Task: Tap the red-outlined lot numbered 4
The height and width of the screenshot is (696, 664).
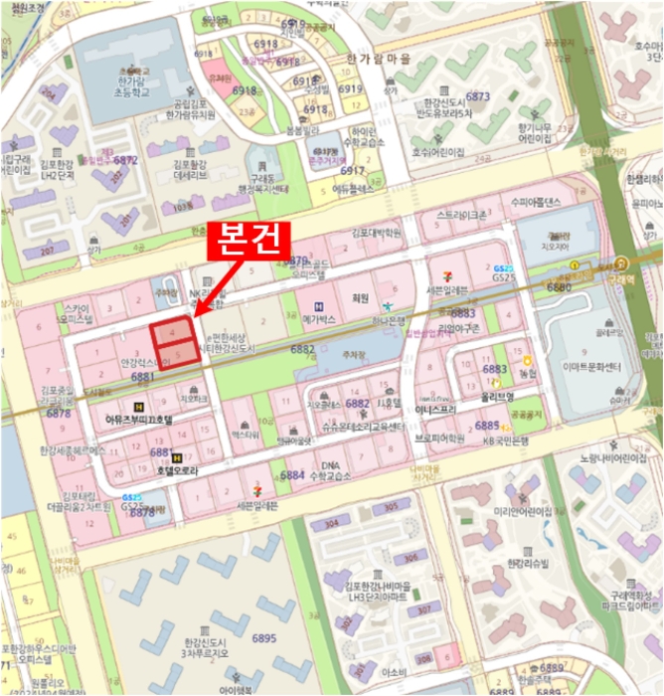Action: click(x=169, y=332)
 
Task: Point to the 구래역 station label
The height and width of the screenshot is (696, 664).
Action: click(x=625, y=278)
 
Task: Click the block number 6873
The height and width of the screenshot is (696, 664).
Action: click(x=478, y=95)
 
